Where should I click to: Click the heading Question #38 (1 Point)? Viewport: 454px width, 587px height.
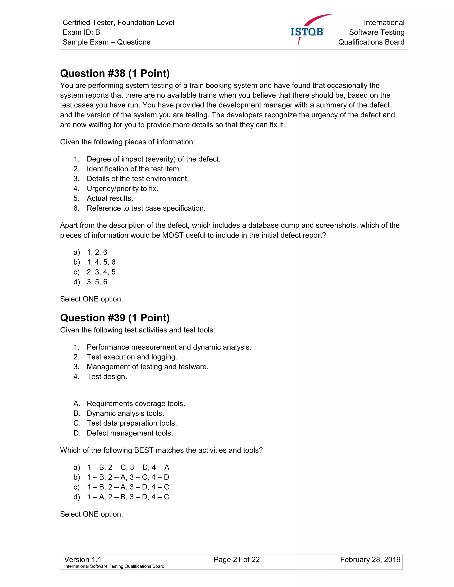tap(115, 73)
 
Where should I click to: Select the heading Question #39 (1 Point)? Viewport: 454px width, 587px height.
tap(115, 318)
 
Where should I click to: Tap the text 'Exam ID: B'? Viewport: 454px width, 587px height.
tap(81, 32)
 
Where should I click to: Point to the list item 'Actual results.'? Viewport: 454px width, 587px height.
tap(110, 198)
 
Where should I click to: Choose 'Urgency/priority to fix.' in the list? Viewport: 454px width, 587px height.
tap(122, 189)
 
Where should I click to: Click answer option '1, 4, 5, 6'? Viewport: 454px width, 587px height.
tap(101, 262)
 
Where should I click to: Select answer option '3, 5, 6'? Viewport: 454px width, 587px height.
tap(97, 282)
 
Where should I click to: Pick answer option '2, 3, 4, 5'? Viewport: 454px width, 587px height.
tap(101, 272)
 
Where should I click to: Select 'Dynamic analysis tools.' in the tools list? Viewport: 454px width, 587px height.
tap(125, 413)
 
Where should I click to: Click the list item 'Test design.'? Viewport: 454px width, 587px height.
tap(107, 377)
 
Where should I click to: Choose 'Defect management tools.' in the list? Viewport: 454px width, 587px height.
tap(130, 433)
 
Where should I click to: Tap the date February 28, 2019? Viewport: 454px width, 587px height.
tap(370, 560)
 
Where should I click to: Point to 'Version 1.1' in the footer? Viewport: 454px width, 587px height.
tap(83, 560)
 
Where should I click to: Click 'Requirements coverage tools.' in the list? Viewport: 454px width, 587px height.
tap(136, 403)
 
